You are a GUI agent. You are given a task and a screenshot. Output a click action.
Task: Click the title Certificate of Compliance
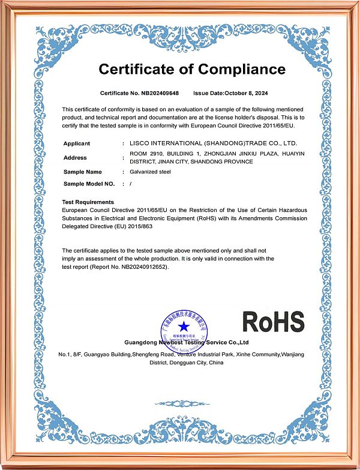[x=192, y=69]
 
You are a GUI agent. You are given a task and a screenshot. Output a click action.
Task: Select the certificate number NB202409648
[x=160, y=94]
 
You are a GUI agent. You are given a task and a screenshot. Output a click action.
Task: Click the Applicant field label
[x=77, y=143]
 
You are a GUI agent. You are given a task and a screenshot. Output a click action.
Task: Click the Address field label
[x=75, y=157]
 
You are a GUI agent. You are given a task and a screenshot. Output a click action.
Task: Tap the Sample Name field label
[x=83, y=172]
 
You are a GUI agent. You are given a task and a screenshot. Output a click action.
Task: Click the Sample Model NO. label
[x=89, y=184]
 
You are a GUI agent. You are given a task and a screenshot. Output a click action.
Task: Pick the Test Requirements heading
[x=88, y=202]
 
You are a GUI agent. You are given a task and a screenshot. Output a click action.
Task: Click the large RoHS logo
[x=273, y=322]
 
